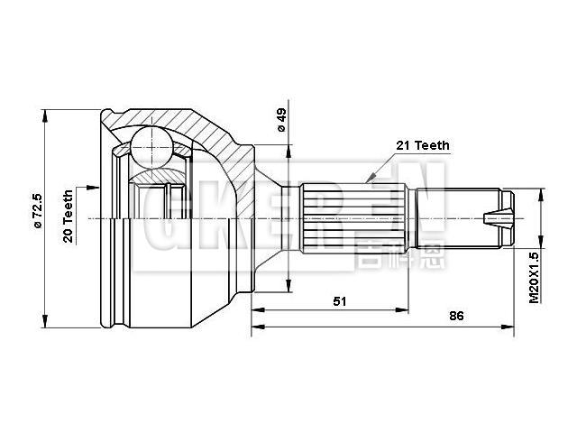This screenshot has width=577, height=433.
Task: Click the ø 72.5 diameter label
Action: pyautogui.click(x=36, y=210)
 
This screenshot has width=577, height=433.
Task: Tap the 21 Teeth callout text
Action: pyautogui.click(x=422, y=145)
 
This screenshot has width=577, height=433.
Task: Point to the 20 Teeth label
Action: pyautogui.click(x=69, y=216)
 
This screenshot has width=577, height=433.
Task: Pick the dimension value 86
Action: pyautogui.click(x=456, y=317)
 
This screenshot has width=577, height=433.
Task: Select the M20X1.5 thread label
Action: pyautogui.click(x=534, y=275)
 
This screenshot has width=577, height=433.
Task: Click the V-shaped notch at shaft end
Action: pyautogui.click(x=495, y=217)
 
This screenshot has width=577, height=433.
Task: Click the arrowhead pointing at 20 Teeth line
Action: pyautogui.click(x=93, y=188)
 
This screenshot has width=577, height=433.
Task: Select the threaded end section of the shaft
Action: pyautogui.click(x=460, y=217)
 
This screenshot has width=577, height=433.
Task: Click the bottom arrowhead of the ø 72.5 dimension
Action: pyautogui.click(x=43, y=323)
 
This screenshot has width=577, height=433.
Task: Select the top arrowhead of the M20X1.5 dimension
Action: pyautogui.click(x=541, y=192)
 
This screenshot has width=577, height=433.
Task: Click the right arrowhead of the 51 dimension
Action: pyautogui.click(x=408, y=311)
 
